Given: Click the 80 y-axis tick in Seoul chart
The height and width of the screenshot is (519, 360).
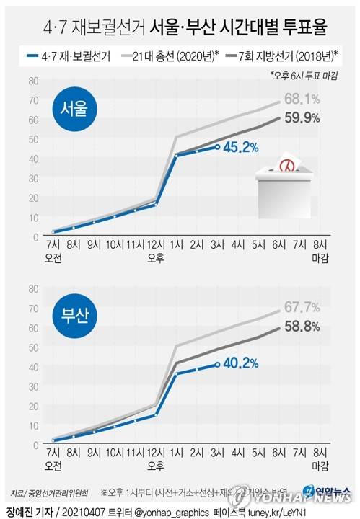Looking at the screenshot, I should [x=34, y=81].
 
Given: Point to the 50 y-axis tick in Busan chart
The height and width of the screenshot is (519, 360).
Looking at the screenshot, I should [x=34, y=347].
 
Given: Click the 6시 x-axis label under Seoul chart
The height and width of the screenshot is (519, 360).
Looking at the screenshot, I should [x=277, y=245].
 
